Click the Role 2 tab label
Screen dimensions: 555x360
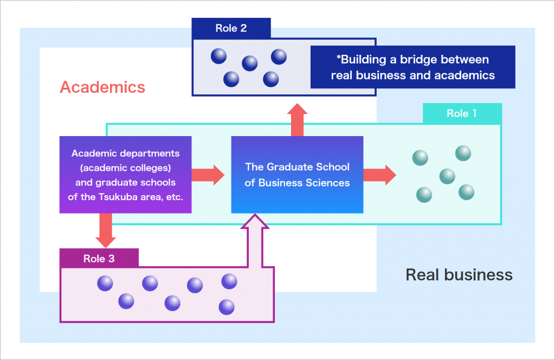(231, 28)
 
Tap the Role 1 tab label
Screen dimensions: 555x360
(462, 113)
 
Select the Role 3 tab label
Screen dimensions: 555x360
(99, 259)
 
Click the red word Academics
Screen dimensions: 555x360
(102, 87)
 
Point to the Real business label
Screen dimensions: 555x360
(459, 275)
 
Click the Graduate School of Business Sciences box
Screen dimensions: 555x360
(298, 175)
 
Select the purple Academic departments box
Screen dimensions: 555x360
(126, 175)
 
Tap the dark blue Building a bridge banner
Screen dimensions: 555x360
(412, 67)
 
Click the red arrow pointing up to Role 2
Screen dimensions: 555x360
(298, 120)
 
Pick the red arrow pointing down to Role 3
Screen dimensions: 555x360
(106, 230)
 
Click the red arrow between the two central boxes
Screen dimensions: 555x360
(208, 175)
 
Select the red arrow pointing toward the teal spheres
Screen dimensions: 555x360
(380, 175)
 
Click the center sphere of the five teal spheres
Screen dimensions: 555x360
(447, 176)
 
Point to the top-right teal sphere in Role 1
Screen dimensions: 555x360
(463, 153)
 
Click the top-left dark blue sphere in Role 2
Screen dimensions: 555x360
(219, 56)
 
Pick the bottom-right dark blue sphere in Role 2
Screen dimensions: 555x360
(271, 79)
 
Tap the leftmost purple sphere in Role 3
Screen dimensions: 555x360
(105, 284)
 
